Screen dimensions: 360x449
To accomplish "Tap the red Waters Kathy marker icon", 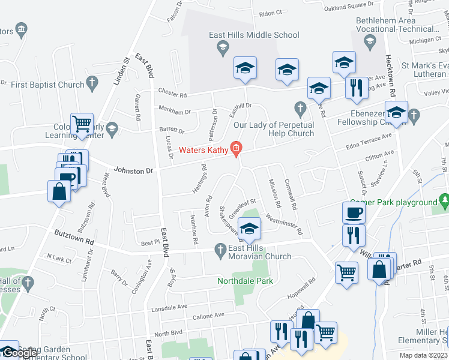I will (x=237, y=148).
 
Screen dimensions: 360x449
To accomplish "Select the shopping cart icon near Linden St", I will (x=82, y=124).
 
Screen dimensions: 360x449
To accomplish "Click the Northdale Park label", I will (x=245, y=281).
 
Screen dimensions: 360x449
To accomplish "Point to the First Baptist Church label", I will (x=48, y=85).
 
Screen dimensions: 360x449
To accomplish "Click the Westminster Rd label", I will (x=284, y=224).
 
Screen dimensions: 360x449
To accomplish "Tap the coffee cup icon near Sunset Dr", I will (x=354, y=212).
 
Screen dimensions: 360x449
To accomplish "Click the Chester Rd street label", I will (x=173, y=94).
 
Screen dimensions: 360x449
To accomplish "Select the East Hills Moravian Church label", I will (x=259, y=252).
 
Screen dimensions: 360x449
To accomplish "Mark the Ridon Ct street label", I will (x=271, y=13).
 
